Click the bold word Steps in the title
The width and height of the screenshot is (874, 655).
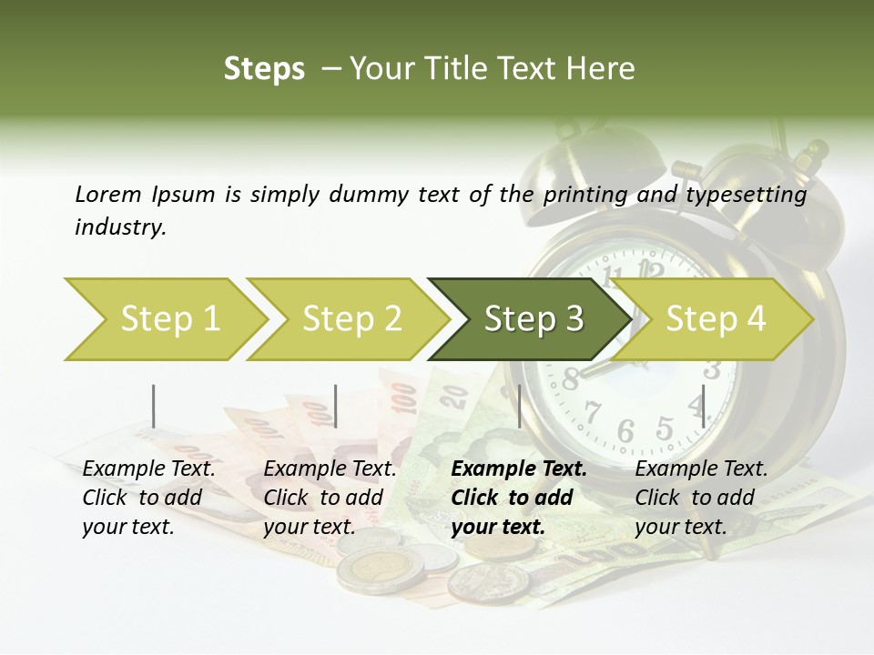coord(264,69)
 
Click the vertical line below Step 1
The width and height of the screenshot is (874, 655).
coord(153,406)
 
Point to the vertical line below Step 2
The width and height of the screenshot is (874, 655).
coord(336,406)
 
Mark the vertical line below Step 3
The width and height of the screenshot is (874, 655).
coord(519,406)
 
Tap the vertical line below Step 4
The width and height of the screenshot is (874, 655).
coord(703,406)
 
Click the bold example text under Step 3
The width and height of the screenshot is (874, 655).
coord(517,498)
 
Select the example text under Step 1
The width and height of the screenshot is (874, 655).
coord(147,498)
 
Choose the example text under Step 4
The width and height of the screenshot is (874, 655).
coord(700,498)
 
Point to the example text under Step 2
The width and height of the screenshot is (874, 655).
coord(329,498)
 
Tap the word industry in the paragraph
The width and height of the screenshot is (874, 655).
coord(119,227)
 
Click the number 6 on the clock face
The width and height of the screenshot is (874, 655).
coord(625,431)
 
